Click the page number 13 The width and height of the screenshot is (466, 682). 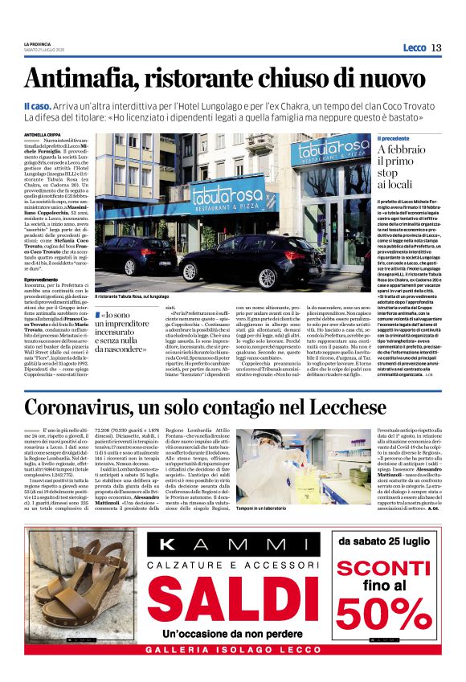[x=436, y=47]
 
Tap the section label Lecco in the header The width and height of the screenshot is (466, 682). [x=414, y=48]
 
